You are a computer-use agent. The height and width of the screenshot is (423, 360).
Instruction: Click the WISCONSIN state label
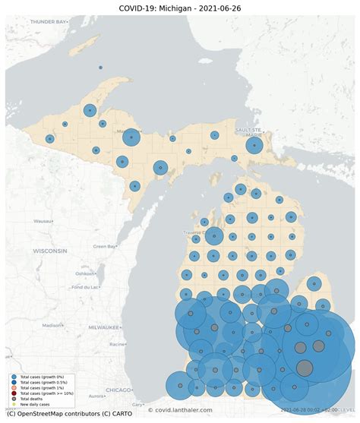[49, 251]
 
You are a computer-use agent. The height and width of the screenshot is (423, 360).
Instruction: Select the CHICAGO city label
[118, 390]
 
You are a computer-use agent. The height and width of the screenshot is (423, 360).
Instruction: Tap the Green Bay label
[104, 246]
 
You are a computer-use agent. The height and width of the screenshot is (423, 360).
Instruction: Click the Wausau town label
[44, 221]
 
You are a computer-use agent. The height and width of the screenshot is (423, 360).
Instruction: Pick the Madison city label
[52, 325]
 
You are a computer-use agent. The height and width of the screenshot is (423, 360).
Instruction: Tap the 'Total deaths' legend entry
[30, 399]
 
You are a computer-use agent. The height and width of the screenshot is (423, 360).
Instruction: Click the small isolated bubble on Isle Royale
[100, 68]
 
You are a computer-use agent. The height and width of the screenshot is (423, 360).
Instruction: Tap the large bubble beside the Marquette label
[131, 137]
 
